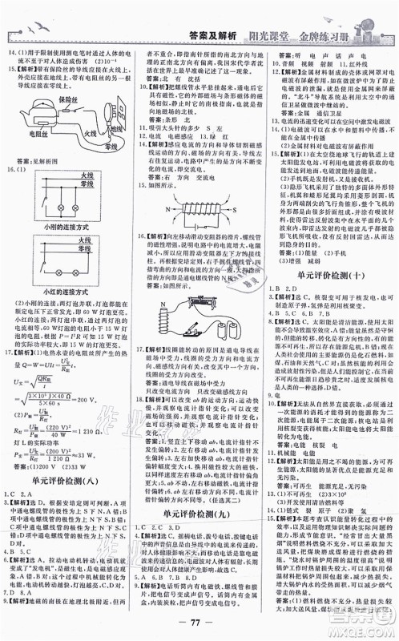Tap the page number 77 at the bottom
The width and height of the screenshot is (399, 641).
[199, 624]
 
